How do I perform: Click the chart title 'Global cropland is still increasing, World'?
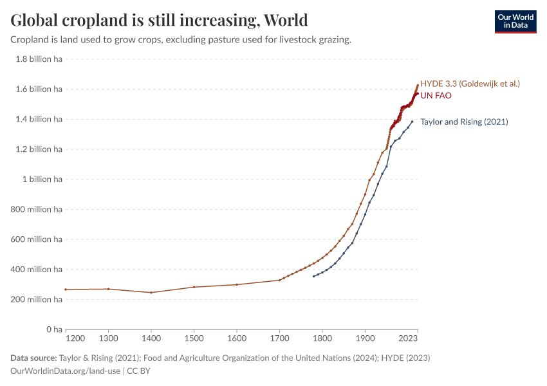[x=159, y=20]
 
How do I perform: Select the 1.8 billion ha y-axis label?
[x=39, y=59]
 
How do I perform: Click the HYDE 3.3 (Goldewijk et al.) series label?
[x=470, y=84]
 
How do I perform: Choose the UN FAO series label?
[x=436, y=96]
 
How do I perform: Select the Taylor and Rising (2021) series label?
[x=464, y=122]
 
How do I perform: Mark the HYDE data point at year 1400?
[x=151, y=293]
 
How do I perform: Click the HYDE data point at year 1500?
[x=194, y=287]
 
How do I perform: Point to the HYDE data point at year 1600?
[x=237, y=284]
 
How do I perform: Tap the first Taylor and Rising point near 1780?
[x=313, y=276]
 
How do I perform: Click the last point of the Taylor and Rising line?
[x=412, y=122]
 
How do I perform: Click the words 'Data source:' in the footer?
[x=33, y=358]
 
